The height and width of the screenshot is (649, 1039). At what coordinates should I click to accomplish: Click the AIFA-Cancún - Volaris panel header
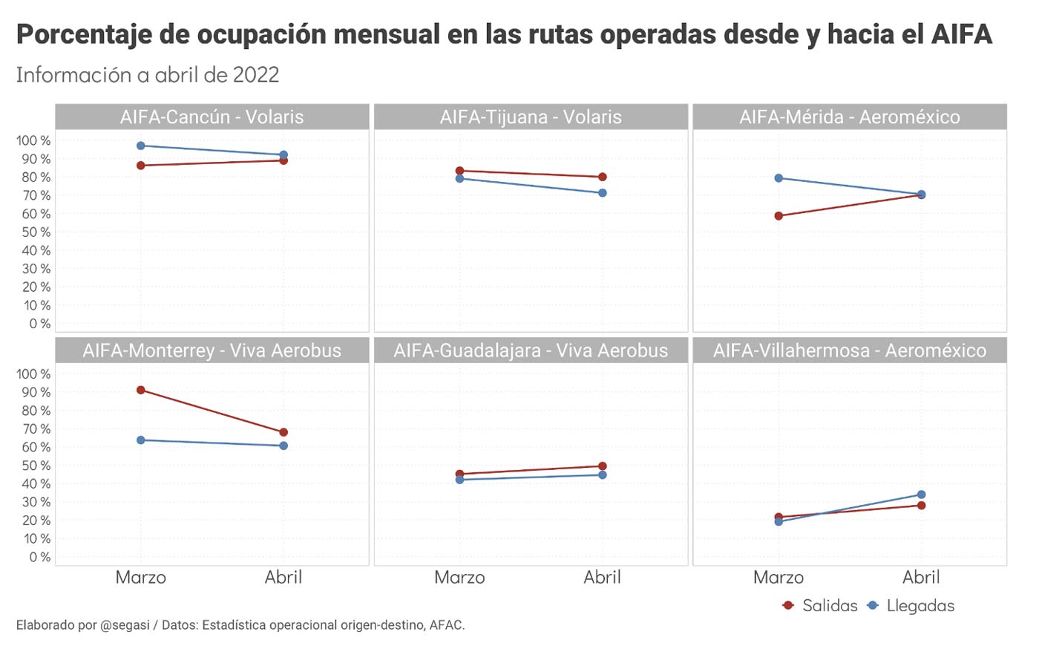[x=212, y=117]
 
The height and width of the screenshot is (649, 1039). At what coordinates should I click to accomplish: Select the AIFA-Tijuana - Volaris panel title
[x=531, y=117]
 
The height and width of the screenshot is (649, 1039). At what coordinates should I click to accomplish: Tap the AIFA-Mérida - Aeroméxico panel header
[x=850, y=117]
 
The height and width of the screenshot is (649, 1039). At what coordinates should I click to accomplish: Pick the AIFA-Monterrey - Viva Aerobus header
[x=212, y=350]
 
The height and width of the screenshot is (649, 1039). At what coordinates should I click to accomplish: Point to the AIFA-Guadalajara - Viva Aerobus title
[x=531, y=350]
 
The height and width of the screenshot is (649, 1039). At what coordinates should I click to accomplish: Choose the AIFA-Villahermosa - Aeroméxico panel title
[x=850, y=350]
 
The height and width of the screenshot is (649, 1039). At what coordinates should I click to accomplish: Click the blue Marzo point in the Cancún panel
[x=141, y=146]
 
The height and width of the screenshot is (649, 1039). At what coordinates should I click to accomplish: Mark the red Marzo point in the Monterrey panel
[x=141, y=390]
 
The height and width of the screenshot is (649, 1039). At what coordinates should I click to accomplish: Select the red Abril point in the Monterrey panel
[x=283, y=432]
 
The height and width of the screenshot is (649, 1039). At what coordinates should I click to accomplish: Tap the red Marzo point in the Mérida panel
[x=779, y=216]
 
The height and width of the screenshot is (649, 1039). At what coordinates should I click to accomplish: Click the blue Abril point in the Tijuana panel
[x=603, y=193]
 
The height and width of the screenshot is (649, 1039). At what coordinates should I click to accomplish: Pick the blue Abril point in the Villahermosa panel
[x=921, y=495]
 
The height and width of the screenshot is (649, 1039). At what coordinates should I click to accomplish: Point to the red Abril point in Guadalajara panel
[x=603, y=466]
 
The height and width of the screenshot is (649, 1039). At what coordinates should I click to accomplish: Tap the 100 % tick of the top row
[x=34, y=140]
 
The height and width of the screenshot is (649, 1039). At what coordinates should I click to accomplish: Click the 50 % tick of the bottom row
[x=34, y=466]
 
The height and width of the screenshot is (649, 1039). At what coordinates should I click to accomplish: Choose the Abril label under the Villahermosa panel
[x=921, y=578]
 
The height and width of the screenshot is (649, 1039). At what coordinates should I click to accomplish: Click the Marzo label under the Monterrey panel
[x=141, y=578]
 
